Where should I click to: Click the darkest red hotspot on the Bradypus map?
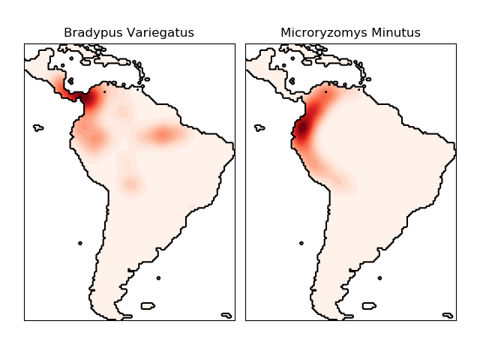(91, 99)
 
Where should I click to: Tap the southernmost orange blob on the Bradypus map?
(131, 184)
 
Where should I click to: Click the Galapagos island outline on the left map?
(38, 128)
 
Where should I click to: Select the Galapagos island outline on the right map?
(259, 128)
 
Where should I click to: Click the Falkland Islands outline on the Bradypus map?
(147, 305)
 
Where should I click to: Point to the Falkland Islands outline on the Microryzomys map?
(368, 305)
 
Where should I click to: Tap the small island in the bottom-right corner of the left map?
(226, 315)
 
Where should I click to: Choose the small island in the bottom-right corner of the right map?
(447, 315)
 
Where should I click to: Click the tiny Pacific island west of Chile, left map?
(80, 243)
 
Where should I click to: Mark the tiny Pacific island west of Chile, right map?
(301, 243)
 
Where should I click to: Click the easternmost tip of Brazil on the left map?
(233, 153)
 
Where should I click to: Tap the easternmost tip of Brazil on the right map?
(454, 153)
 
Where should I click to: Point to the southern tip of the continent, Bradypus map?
(120, 318)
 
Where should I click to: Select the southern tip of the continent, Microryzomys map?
(341, 318)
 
